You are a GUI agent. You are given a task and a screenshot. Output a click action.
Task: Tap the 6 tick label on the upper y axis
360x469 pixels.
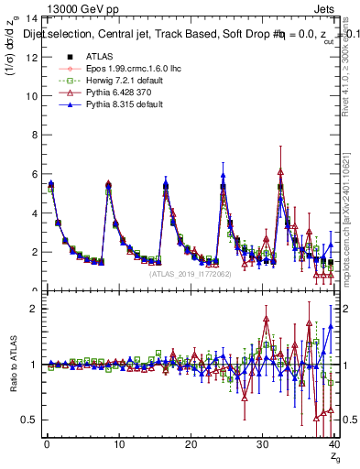pos(33,174)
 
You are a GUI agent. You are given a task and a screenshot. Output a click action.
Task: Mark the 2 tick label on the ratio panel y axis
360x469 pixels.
pos(33,309)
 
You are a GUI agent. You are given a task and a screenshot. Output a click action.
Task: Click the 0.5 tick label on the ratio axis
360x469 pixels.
pos(28,420)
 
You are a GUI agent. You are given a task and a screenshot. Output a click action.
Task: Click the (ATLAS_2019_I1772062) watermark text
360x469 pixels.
pos(191,274)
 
